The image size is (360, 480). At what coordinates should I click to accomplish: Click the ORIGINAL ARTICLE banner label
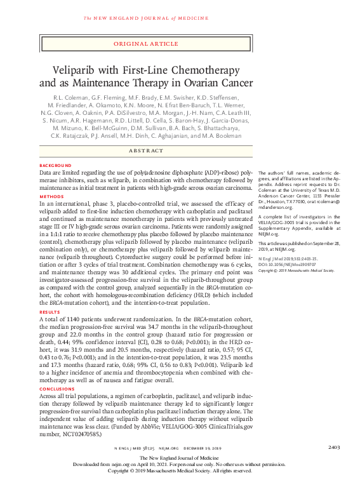point(146,44)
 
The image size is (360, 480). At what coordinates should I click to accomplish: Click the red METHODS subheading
point(50,196)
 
